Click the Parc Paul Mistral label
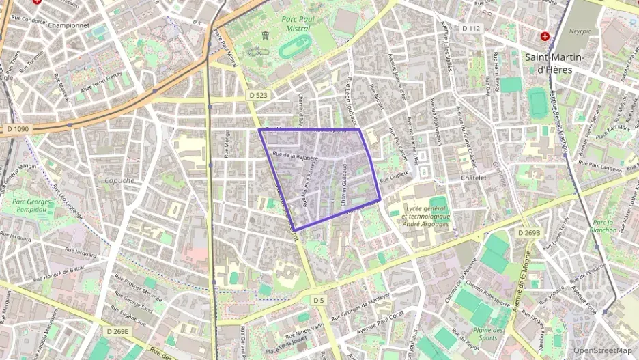point(298,24)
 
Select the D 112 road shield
point(471,29)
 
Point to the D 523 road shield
point(257,95)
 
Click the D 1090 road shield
point(18,129)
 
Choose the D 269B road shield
point(528,233)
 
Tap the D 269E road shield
point(117,331)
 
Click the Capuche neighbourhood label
point(119,180)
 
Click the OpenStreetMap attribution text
point(601,350)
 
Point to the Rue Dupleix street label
point(394,175)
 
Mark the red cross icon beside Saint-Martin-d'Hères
point(545,36)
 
